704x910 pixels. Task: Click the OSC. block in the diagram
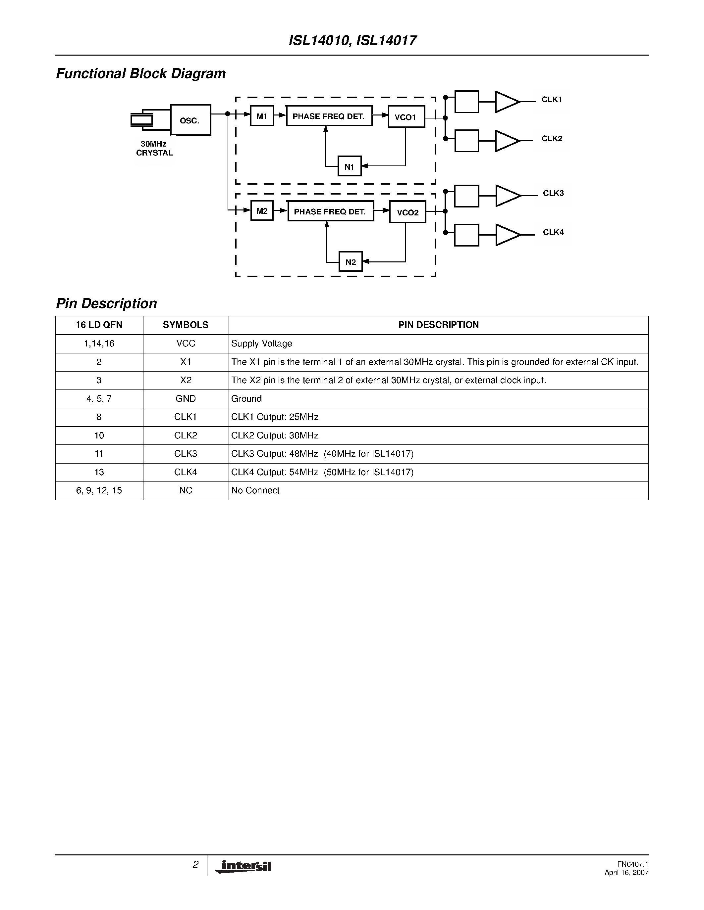[190, 120]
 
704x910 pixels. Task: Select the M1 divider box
[262, 116]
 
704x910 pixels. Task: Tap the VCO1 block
[406, 117]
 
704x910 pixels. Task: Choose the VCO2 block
[407, 212]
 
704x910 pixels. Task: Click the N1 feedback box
[350, 166]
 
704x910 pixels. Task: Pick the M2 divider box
[262, 211]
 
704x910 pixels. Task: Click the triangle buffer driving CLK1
[506, 102]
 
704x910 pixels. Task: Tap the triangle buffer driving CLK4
[507, 235]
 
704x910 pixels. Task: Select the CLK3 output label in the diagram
[553, 193]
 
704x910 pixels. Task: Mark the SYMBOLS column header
[186, 325]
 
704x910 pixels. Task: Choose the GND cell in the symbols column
[186, 399]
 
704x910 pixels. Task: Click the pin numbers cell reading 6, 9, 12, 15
[99, 490]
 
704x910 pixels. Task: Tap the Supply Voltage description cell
[261, 344]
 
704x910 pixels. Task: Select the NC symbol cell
[186, 490]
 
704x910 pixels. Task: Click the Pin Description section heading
[107, 303]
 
